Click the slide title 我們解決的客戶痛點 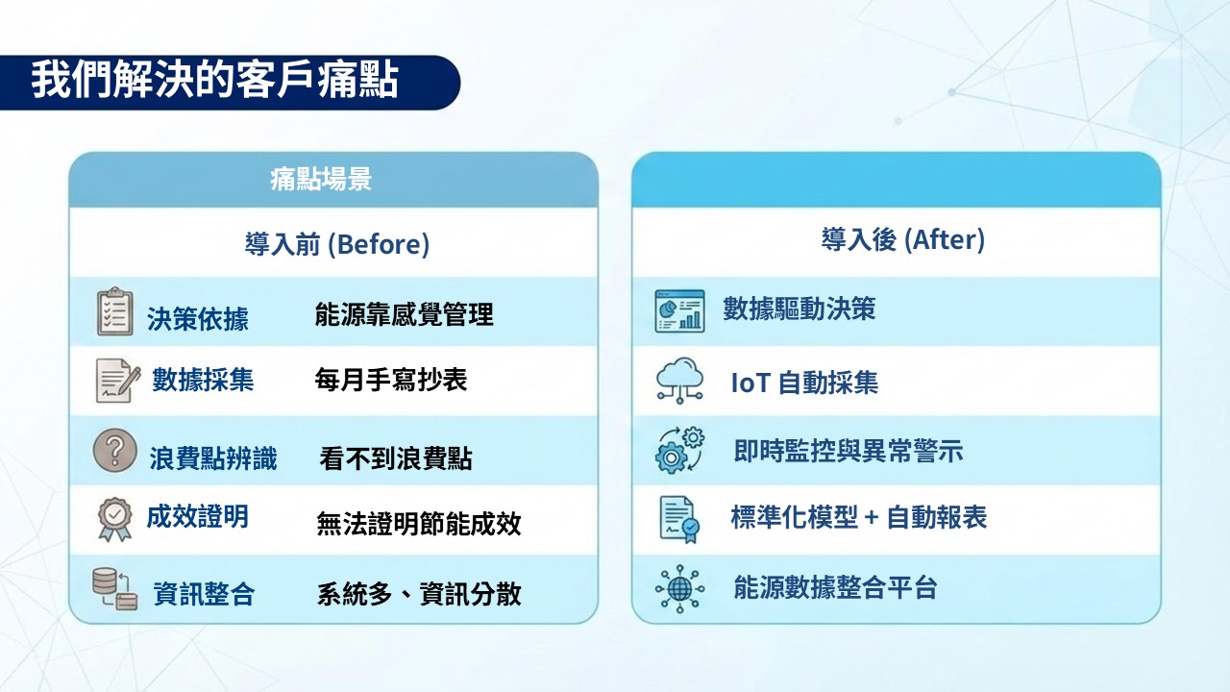[214, 80]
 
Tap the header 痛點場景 [321, 179]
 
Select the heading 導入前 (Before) [336, 244]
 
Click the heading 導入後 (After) [902, 239]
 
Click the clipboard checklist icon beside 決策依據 [114, 311]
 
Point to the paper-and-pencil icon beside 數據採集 [117, 381]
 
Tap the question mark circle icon [114, 451]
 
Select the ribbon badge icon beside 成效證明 [114, 519]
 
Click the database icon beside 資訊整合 [114, 589]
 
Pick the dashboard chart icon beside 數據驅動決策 [679, 310]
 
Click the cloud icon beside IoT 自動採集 [679, 381]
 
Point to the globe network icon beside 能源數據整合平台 [679, 589]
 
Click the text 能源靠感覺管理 [405, 314]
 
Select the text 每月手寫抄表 [391, 380]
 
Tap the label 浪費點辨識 [213, 458]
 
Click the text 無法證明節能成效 [418, 524]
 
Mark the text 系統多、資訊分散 [419, 594]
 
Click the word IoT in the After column [750, 383]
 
